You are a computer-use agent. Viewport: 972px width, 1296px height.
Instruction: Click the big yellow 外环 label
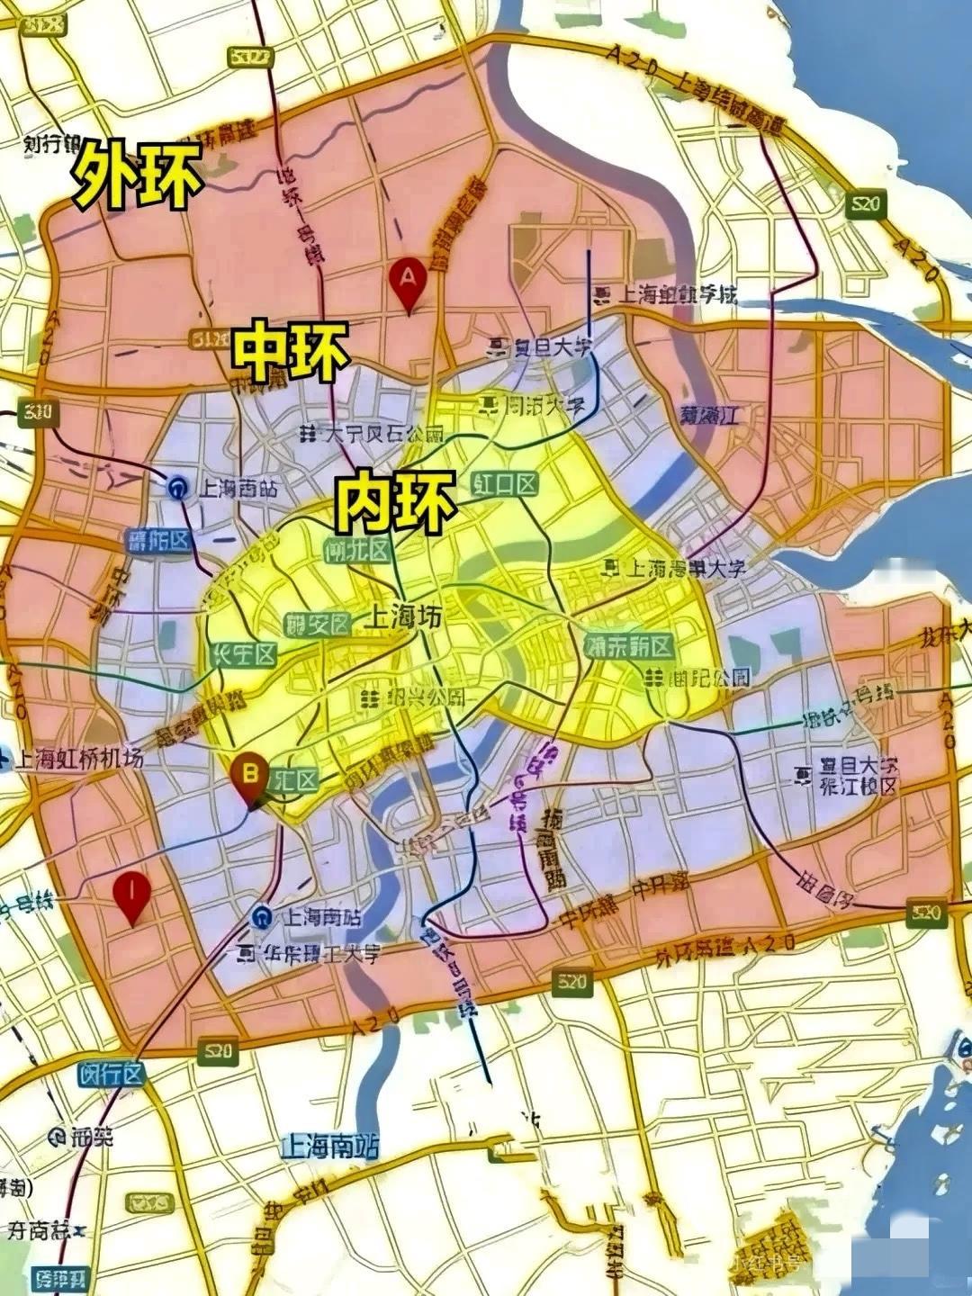pyautogui.click(x=138, y=175)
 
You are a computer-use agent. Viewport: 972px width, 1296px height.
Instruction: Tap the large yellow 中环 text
pyautogui.click(x=291, y=352)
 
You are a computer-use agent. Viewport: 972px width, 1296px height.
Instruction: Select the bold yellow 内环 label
pyautogui.click(x=394, y=503)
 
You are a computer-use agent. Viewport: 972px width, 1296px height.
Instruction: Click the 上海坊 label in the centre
pyautogui.click(x=403, y=617)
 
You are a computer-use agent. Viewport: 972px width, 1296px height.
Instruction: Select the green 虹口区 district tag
pyautogui.click(x=505, y=485)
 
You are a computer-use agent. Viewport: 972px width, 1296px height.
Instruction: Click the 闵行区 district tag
pyautogui.click(x=111, y=1074)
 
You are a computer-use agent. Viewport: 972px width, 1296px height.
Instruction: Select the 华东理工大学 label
pyautogui.click(x=314, y=954)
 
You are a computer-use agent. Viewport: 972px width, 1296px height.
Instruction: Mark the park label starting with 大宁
pyautogui.click(x=383, y=435)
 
